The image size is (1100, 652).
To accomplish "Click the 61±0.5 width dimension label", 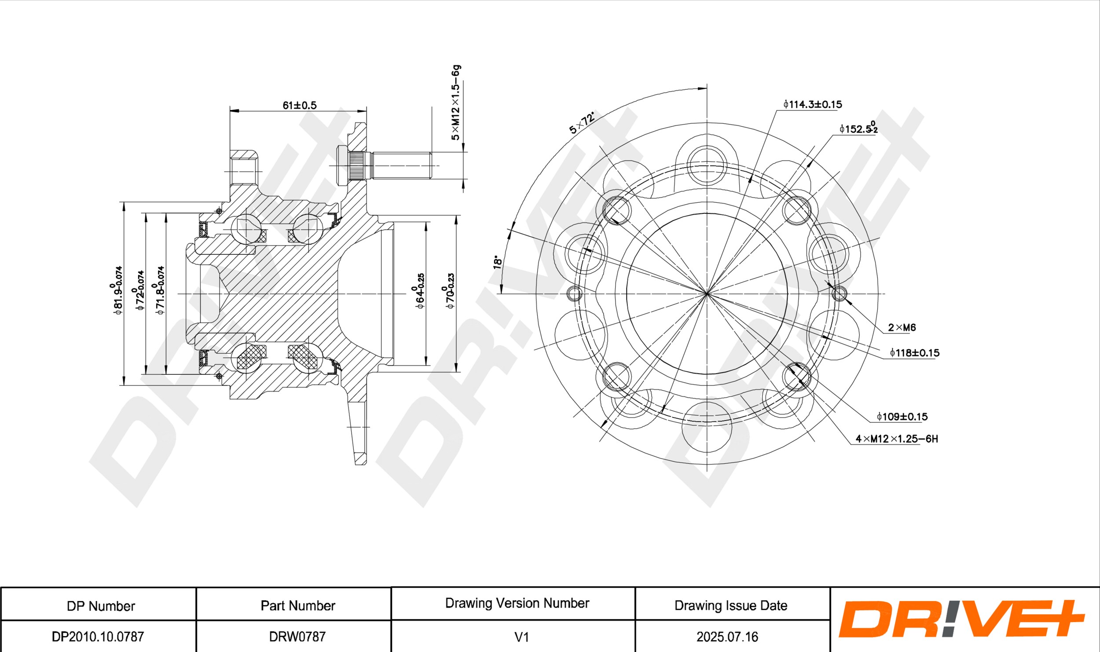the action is coord(299,105).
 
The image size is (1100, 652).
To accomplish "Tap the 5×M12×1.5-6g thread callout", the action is coord(456,103).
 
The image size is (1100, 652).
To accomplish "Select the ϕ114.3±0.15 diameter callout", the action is coord(812,104).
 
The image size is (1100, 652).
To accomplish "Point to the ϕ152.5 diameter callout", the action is coord(858,128).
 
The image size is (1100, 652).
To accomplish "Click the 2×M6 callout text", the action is coord(902,327).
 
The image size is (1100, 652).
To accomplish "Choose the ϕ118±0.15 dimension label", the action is coord(914,352).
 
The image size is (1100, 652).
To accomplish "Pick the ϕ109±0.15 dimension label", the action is coord(902,416).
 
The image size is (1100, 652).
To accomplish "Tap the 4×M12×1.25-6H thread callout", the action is coord(897,439).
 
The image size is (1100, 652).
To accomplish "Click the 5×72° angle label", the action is coord(582,123).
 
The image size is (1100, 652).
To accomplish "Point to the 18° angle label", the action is coord(497,262).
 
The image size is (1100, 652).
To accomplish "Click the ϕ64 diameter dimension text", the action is coord(420,290).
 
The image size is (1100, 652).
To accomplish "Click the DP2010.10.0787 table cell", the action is coord(98,636).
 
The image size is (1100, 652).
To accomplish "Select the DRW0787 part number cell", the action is coord(297,636).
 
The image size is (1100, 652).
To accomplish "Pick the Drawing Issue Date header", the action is coord(731,605).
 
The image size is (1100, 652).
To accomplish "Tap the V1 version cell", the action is coord(521,636).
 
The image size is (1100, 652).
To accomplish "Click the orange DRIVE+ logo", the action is coord(962,619).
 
